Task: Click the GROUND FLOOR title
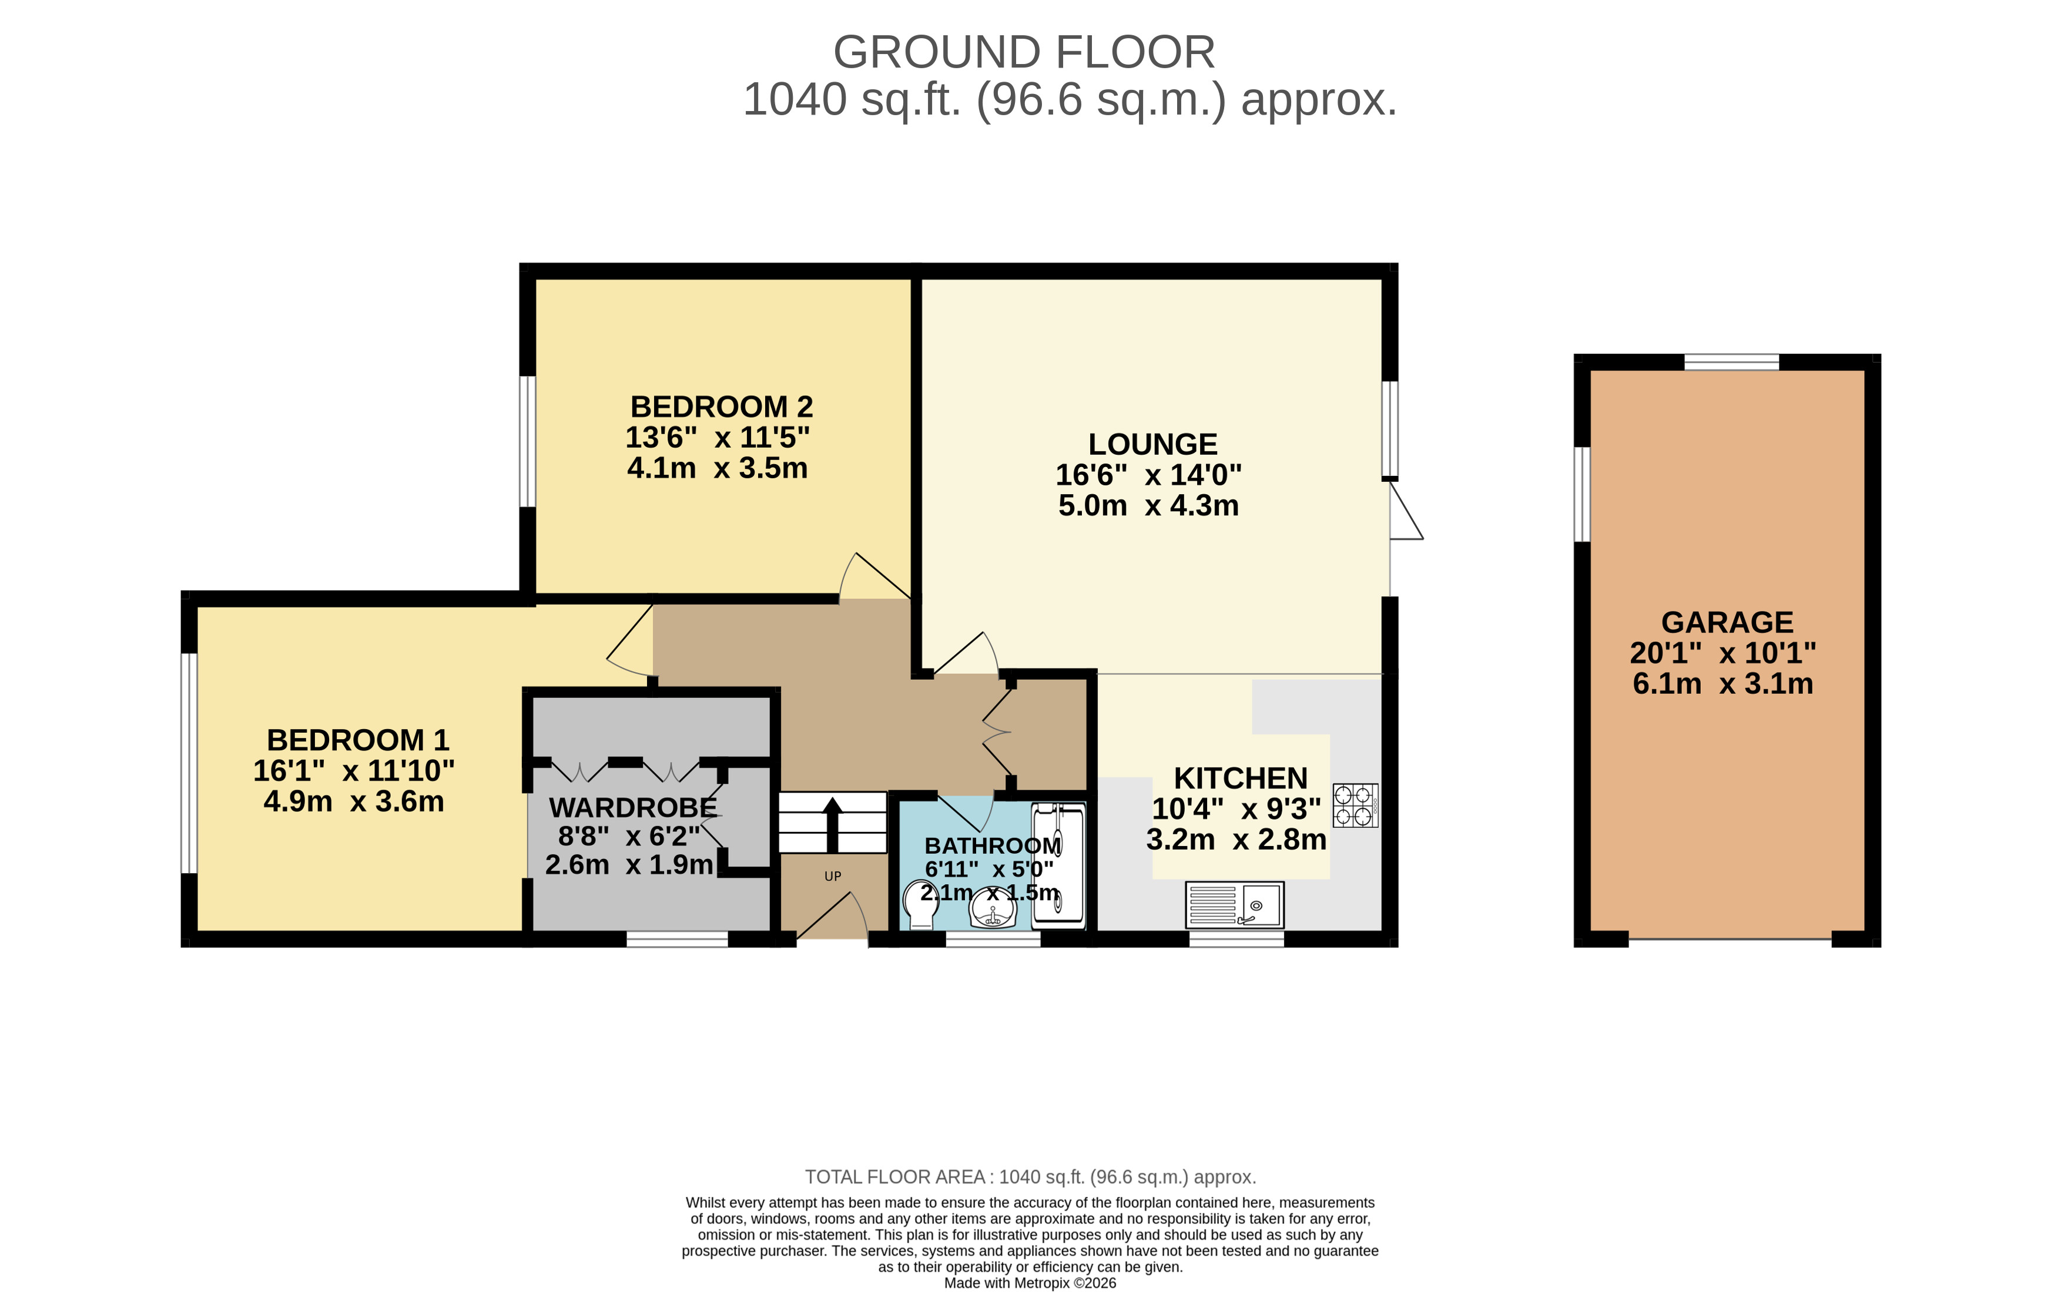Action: coord(1024,52)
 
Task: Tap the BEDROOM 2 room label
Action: coord(721,407)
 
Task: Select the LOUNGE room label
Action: coord(1152,444)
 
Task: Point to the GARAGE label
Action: coord(1727,622)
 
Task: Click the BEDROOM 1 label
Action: coord(358,740)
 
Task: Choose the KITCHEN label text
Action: coord(1241,778)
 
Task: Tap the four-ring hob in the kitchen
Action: coord(1355,805)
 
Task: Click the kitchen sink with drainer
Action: coord(1235,905)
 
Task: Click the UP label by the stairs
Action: coord(832,876)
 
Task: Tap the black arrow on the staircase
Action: coord(832,824)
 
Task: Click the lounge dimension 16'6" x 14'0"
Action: coord(1148,474)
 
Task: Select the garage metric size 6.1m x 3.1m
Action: coord(1722,683)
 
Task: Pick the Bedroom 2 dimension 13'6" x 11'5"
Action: coord(717,438)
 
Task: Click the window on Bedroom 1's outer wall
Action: coord(189,763)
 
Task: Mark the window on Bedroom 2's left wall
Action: coord(527,442)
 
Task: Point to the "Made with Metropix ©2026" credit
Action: coord(1030,1283)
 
